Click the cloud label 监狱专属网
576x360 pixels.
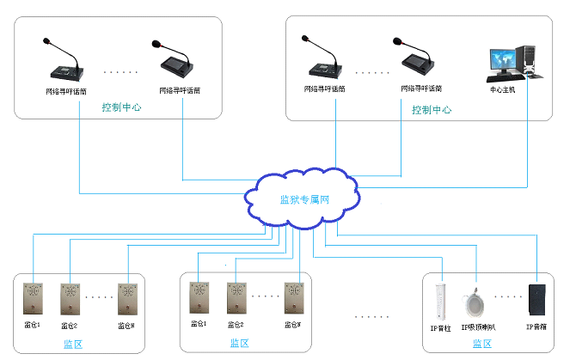305,200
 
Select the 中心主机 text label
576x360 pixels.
502,88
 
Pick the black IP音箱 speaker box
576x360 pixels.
539,300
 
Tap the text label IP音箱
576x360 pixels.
538,327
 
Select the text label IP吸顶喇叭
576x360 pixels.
478,327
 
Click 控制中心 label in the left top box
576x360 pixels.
121,107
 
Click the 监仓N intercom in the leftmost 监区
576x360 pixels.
128,300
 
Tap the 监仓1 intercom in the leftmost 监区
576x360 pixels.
34,300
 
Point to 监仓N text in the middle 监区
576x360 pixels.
293,325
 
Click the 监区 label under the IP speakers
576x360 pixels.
482,344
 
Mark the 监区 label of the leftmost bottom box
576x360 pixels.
73,344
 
